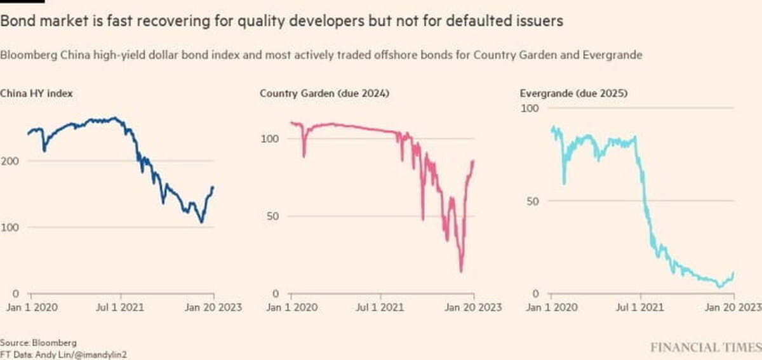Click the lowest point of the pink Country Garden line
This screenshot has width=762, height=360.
coord(461,271)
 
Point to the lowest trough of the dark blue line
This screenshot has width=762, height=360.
coord(201,222)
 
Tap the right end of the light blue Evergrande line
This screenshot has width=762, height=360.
coord(733,273)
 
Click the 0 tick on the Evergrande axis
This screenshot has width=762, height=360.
coord(535,294)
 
